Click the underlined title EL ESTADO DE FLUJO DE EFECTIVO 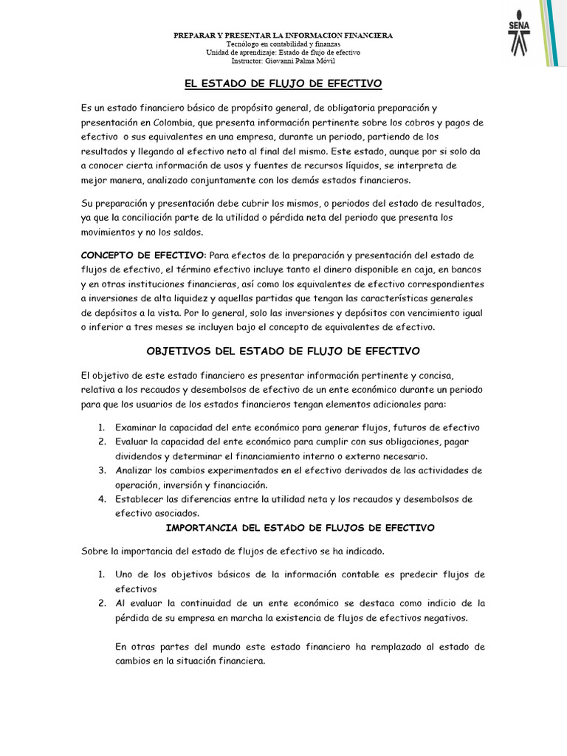pyautogui.click(x=283, y=85)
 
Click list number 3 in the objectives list pyautogui.click(x=101, y=470)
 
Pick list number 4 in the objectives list pyautogui.click(x=101, y=499)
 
